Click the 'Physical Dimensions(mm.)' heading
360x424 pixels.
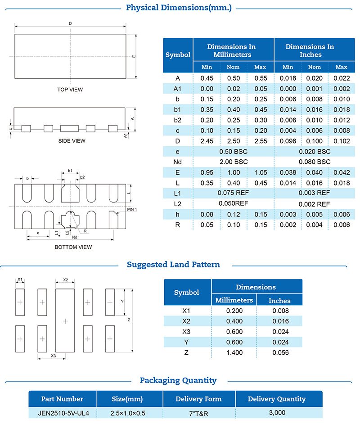tap(179, 8)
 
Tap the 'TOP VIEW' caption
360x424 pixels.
tap(70, 90)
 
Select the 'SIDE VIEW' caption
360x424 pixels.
tap(72, 141)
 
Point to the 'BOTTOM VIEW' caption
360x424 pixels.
tap(73, 247)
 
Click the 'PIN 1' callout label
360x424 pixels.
tap(132, 210)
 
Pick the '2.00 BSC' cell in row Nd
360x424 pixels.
tap(233, 162)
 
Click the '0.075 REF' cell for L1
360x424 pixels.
tap(233, 192)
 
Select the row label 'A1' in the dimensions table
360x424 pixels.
tap(178, 89)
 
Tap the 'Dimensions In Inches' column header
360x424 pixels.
tap(310, 50)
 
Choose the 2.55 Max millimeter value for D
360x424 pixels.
tap(260, 141)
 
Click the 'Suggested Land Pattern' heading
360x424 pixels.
tap(173, 265)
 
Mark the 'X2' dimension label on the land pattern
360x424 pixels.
tap(65, 280)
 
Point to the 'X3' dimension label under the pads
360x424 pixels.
tap(53, 356)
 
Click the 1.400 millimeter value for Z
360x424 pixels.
tap(234, 352)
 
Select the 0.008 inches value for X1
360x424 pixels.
tap(279, 310)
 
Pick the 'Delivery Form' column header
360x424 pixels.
tap(198, 399)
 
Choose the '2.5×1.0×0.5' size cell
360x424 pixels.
tap(129, 413)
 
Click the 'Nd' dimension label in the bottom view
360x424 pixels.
tap(75, 237)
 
